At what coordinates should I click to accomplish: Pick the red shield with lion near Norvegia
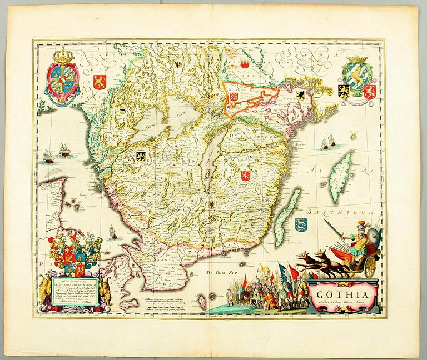[100, 82]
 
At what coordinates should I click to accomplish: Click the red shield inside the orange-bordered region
[234, 96]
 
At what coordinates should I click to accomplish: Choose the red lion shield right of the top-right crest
[371, 91]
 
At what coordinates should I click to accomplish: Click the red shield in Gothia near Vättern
[246, 176]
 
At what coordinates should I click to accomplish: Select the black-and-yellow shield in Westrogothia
[141, 157]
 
